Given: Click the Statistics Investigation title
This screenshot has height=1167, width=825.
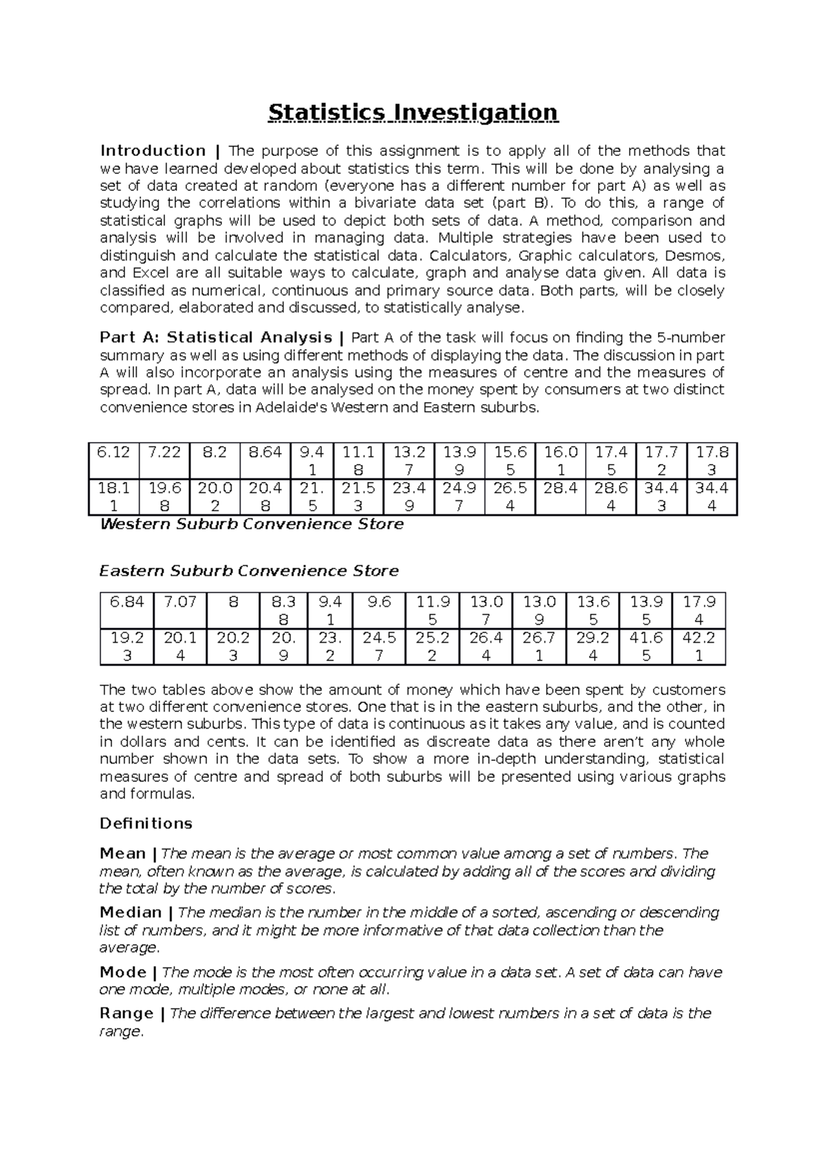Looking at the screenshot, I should point(412,112).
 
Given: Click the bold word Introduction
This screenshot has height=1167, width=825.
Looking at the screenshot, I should point(153,151).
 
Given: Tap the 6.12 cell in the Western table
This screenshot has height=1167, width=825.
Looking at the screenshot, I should point(113,452).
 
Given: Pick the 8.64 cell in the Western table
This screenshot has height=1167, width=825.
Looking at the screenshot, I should point(265,452).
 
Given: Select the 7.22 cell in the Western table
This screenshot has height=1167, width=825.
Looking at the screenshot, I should point(164,452).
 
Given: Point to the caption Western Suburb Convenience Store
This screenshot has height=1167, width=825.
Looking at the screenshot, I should point(252,524).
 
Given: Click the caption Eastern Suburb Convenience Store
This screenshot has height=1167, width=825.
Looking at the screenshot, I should point(249,571).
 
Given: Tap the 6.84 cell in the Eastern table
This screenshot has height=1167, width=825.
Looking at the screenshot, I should point(126,602).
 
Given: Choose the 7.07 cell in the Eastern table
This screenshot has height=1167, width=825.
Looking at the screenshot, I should point(180,602).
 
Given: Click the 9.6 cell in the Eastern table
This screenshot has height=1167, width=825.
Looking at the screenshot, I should point(379,602).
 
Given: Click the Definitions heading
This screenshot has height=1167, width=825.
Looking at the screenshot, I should point(146,823).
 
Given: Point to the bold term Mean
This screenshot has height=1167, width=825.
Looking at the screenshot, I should point(123,854).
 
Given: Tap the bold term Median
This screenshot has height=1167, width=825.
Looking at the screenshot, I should point(131,913).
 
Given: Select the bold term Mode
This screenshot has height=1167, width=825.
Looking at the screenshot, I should point(123,972).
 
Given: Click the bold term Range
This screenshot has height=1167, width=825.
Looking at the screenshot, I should point(126,1013).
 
